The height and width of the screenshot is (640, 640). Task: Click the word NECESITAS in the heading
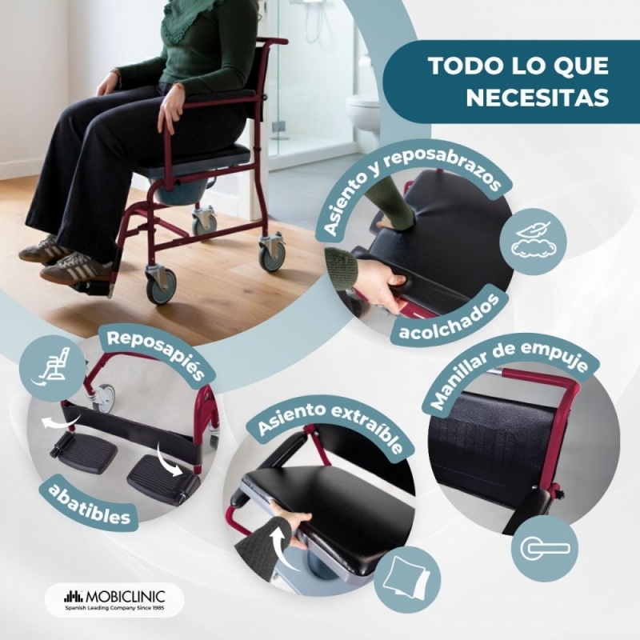537,97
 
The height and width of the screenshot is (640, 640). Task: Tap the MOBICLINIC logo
114,599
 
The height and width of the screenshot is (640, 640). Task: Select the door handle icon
545,548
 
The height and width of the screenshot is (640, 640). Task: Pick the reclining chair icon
53,366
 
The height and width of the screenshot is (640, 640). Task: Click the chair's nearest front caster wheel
162,285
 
